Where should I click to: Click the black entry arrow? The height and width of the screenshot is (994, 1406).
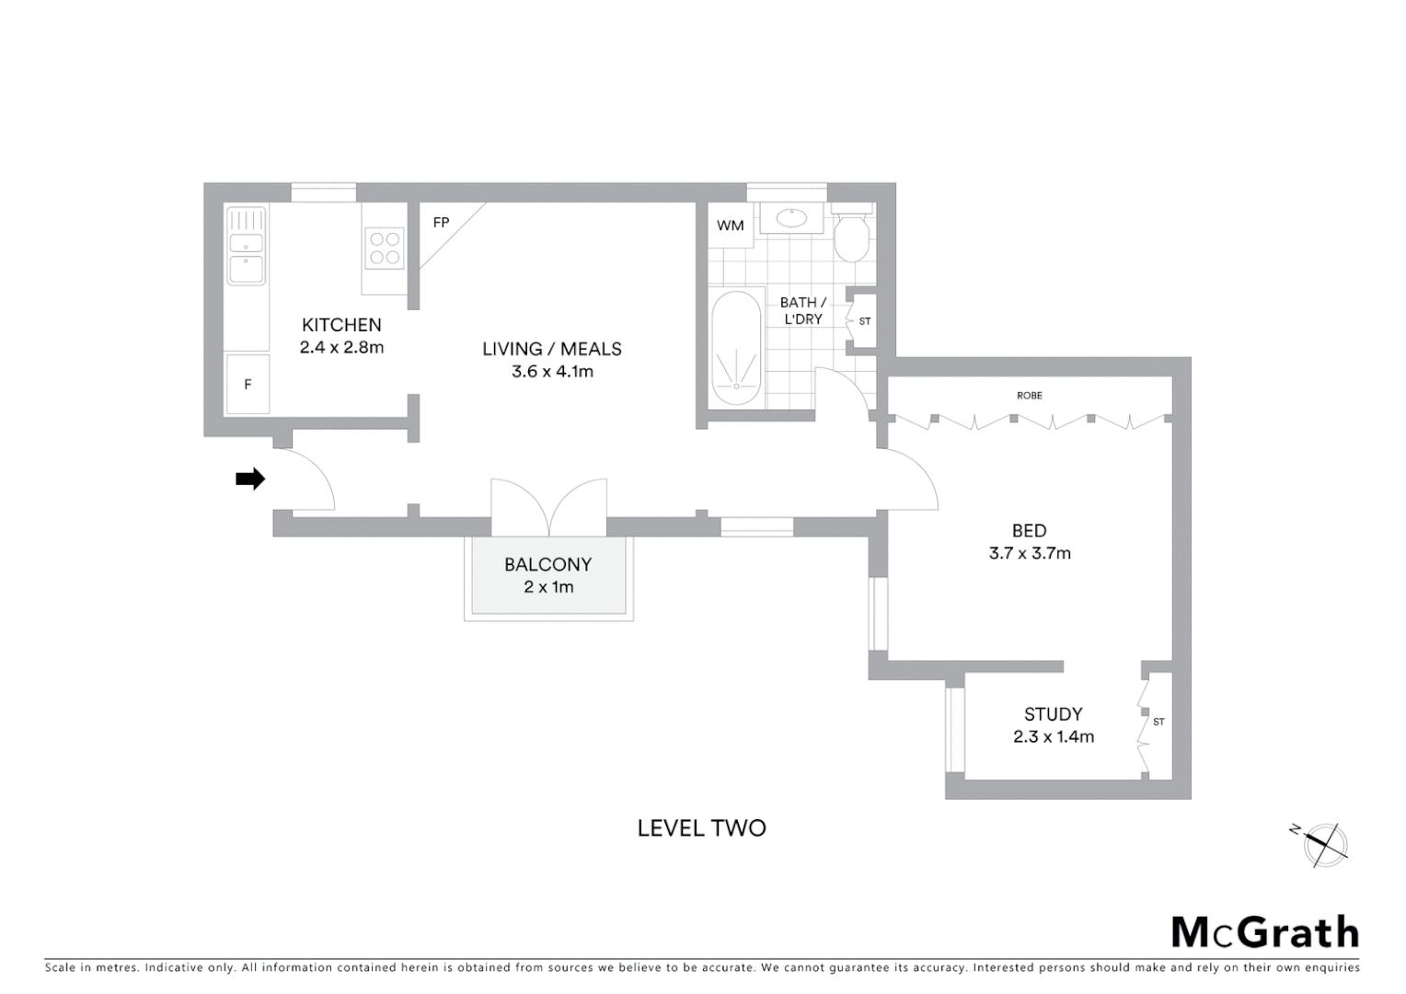pos(250,479)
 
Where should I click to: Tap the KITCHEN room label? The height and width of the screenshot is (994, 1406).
pos(341,325)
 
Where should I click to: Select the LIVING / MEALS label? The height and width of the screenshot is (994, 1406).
pos(552,349)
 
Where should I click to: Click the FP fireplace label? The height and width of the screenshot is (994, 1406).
pos(441,223)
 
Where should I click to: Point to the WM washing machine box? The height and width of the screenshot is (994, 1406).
pos(731,225)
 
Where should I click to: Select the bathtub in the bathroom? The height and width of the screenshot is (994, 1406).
pos(736,350)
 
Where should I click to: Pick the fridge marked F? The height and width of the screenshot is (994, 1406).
pos(248,385)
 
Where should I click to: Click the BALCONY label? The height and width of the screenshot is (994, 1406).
pos(547,565)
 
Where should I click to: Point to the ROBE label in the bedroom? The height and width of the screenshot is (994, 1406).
pos(1030,396)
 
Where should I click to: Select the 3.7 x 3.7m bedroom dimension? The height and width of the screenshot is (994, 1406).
pos(1030,553)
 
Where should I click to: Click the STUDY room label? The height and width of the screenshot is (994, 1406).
pos(1054,714)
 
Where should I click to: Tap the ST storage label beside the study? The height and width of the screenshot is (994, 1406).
pos(1158,722)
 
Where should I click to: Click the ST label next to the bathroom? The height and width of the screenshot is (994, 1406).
pos(865,321)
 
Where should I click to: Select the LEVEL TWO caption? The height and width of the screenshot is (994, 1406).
pos(701,828)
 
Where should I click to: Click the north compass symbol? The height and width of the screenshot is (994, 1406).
pos(1324,844)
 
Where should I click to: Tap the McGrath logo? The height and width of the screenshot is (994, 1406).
pos(1265,932)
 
